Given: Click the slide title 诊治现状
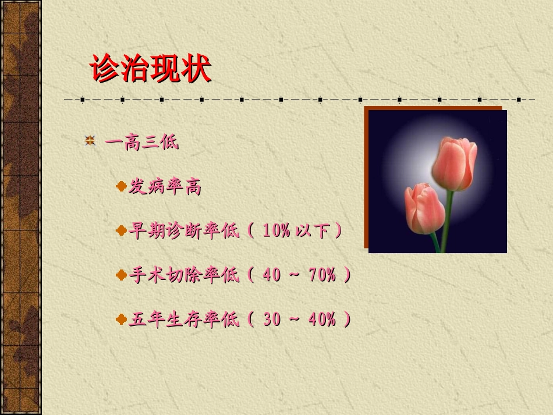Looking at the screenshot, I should click(x=150, y=69).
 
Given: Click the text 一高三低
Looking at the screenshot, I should click(x=141, y=142).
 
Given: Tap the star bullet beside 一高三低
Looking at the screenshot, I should click(x=90, y=141).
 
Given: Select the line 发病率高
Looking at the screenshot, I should click(x=165, y=187).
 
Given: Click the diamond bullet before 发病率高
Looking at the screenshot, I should click(x=121, y=187).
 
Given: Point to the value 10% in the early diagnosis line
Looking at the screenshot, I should click(x=276, y=230).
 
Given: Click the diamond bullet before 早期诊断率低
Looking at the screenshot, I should click(x=121, y=231).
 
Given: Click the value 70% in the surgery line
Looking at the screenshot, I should click(x=322, y=275).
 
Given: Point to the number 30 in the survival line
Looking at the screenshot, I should click(x=272, y=319).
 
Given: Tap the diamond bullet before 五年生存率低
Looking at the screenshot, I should click(x=121, y=319).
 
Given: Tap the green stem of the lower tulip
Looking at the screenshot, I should click(x=435, y=242).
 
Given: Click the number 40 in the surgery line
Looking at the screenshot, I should click(x=272, y=275).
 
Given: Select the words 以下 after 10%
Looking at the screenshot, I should click(x=315, y=231).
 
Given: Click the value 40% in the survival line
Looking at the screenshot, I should click(x=322, y=319).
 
